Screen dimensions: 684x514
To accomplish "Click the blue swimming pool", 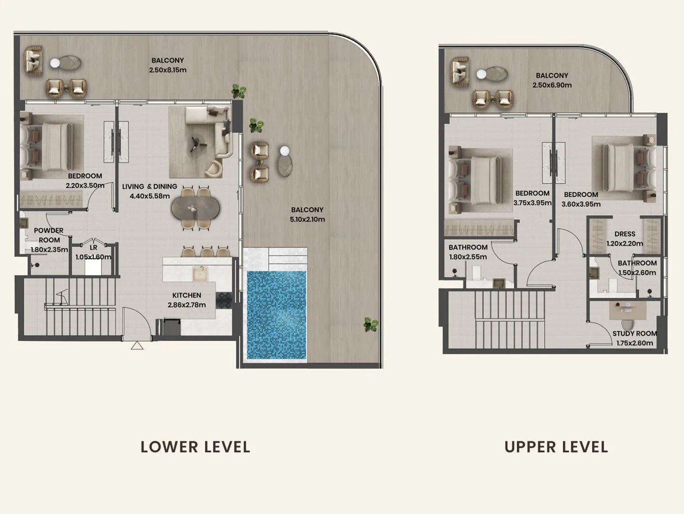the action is pyautogui.click(x=276, y=315).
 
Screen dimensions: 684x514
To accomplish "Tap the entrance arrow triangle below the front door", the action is pyautogui.click(x=137, y=346).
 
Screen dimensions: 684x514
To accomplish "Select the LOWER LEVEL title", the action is pyautogui.click(x=195, y=447).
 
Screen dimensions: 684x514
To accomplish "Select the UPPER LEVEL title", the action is pyautogui.click(x=556, y=447).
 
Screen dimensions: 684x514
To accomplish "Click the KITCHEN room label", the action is pyautogui.click(x=187, y=295).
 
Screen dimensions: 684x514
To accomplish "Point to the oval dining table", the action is pyautogui.click(x=195, y=208).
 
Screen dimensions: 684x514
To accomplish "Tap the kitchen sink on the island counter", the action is pyautogui.click(x=200, y=274).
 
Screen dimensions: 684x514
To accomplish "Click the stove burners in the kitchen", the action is pyautogui.click(x=224, y=300).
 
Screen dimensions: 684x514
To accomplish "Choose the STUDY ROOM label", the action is pyautogui.click(x=635, y=334).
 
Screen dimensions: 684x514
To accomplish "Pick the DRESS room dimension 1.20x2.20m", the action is pyautogui.click(x=625, y=244).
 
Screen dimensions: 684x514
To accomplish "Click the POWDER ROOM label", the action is pyautogui.click(x=49, y=235).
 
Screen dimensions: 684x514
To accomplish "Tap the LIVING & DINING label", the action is pyautogui.click(x=150, y=186).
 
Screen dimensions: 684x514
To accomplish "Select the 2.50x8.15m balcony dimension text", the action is pyautogui.click(x=168, y=70).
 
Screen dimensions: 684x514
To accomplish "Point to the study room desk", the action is pyautogui.click(x=625, y=310).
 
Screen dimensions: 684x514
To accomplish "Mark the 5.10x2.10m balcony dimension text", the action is pyautogui.click(x=307, y=219).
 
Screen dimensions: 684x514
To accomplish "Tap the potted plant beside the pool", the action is pyautogui.click(x=371, y=324).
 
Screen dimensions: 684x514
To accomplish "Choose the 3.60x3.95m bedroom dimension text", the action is pyautogui.click(x=581, y=204).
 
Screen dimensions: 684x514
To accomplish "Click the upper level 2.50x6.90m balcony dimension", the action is pyautogui.click(x=552, y=85).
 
